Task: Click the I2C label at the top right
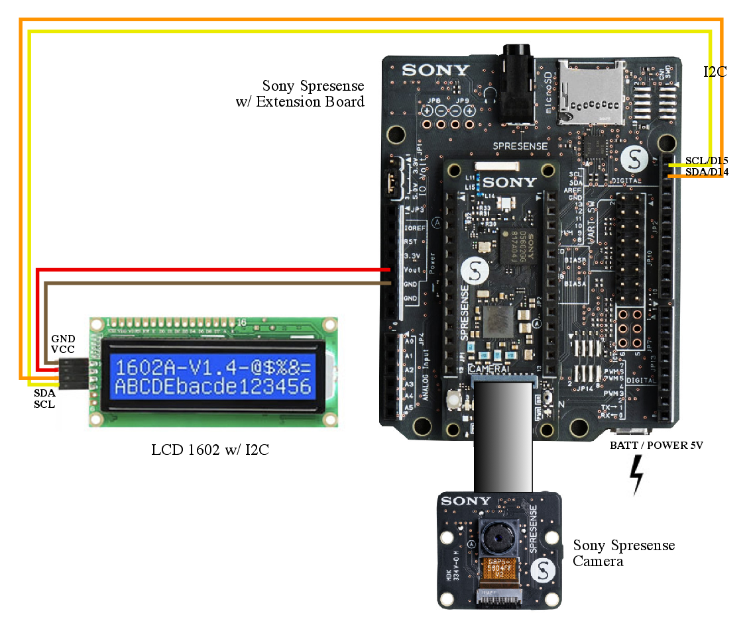715,72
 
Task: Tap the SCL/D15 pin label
707,161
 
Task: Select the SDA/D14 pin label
707,172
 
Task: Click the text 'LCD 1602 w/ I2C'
210,451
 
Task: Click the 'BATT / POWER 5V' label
656,446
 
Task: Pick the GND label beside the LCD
63,338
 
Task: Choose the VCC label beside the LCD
63,349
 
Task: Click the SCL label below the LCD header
44,404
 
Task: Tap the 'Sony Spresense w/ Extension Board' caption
313,93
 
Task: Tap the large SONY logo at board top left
435,70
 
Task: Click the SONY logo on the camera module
466,501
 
